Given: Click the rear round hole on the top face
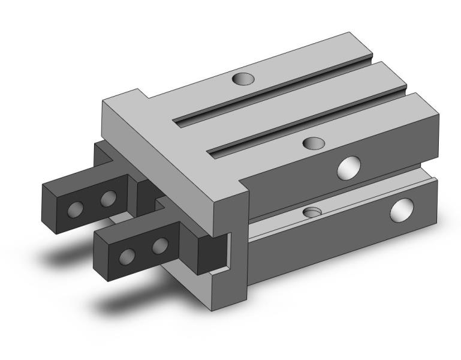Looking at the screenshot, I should [243, 79].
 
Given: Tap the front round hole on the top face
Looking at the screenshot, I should [314, 143].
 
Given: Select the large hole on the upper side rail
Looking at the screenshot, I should [349, 167].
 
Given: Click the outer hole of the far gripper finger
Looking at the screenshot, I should [76, 209].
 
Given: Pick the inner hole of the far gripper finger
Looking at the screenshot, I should [108, 197].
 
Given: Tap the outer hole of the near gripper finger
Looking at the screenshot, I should [127, 257].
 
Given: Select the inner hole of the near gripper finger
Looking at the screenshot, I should [159, 245].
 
